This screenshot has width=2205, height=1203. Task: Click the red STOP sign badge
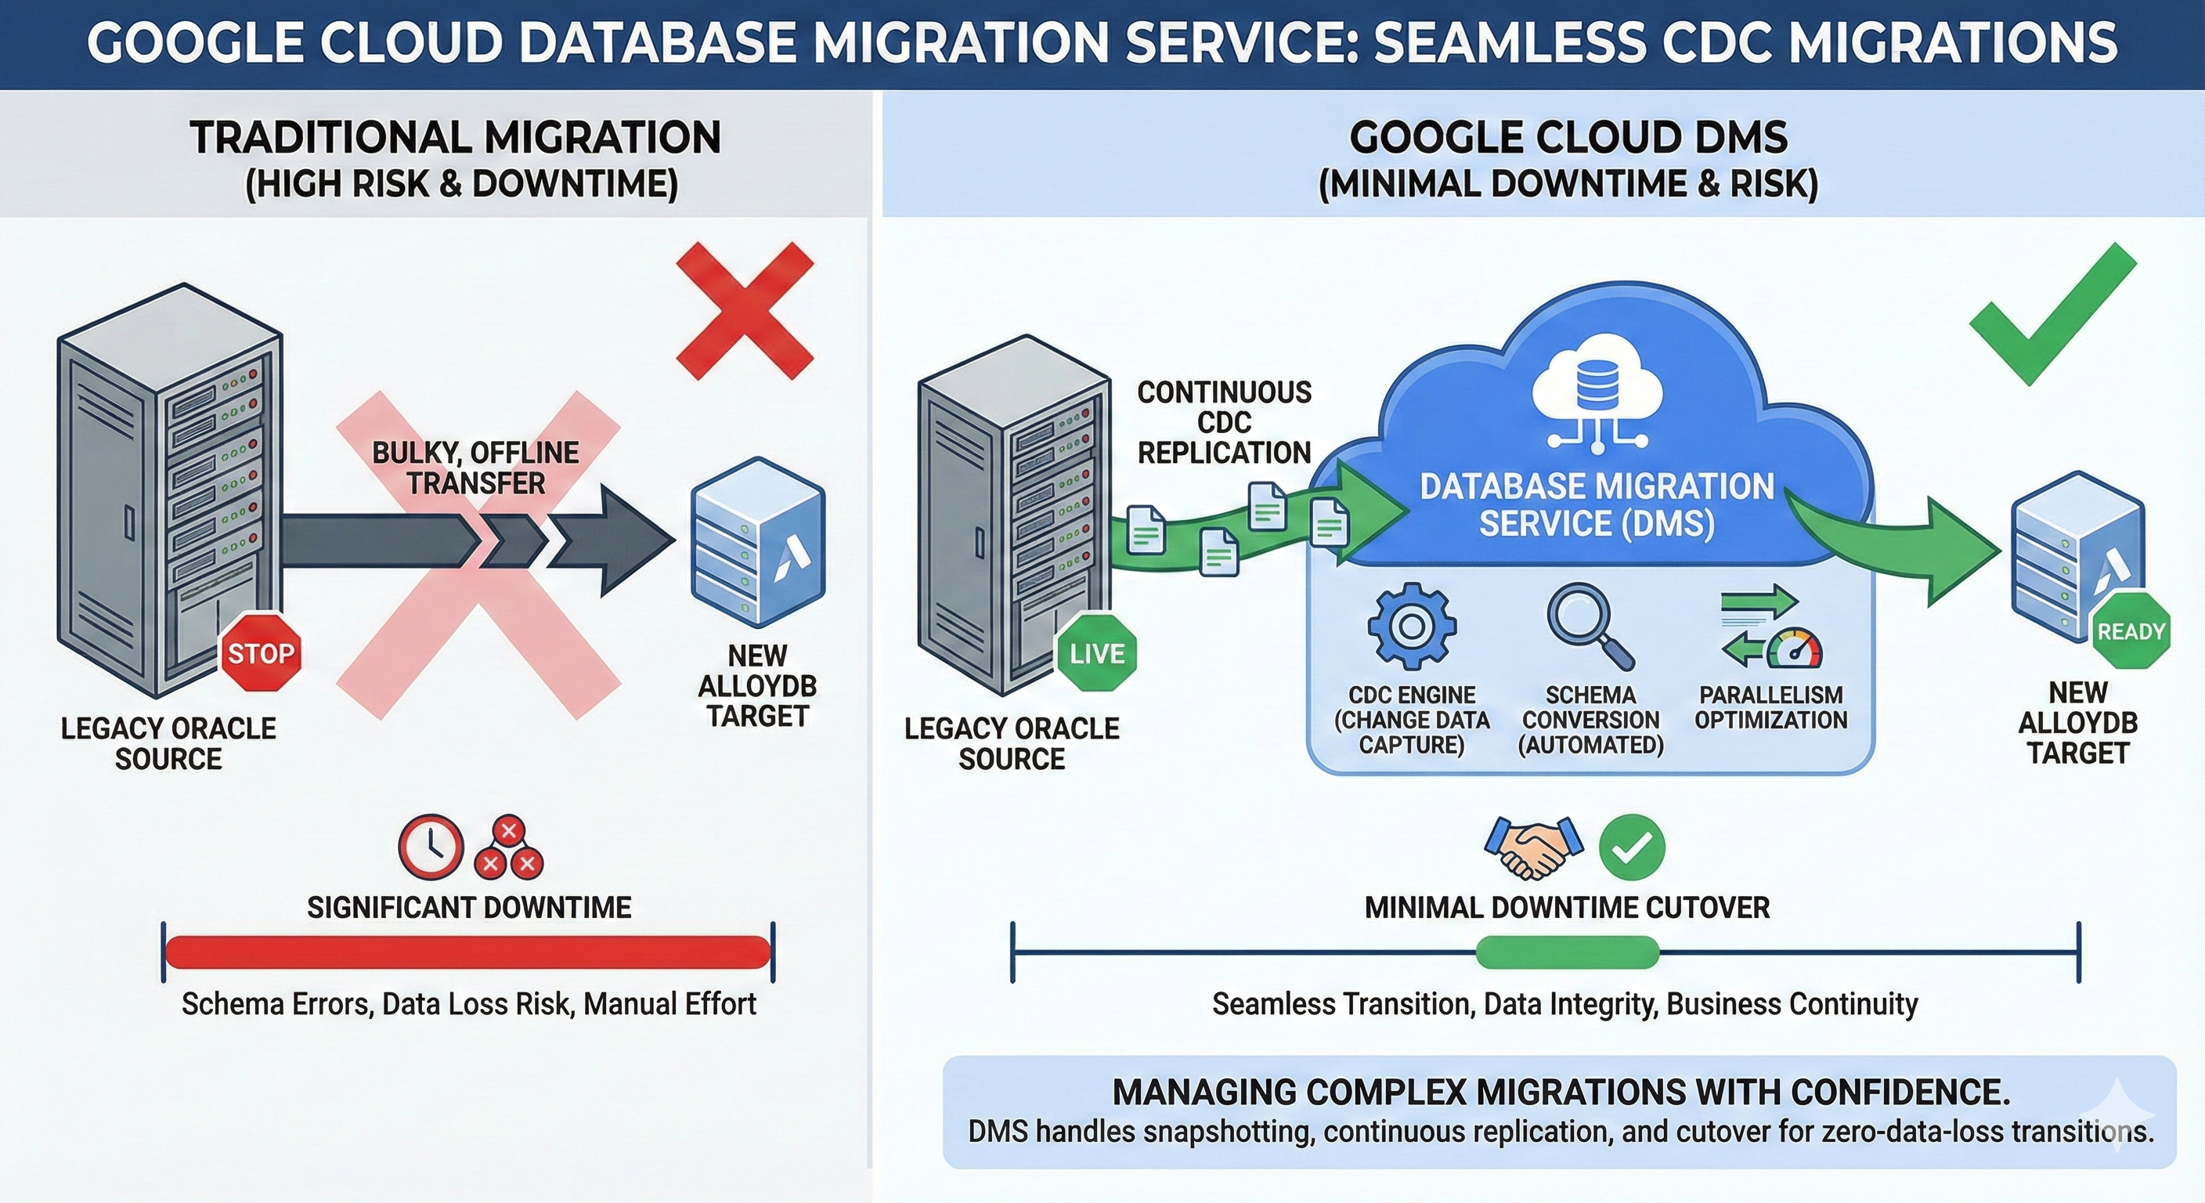[x=261, y=652]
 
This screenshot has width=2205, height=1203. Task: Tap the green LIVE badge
[x=1096, y=653]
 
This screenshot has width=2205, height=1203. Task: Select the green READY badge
[x=2131, y=631]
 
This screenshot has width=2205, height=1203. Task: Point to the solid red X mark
[x=744, y=310]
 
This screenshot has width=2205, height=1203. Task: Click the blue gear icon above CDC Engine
[x=1412, y=626]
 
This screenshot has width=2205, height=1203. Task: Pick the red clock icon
[x=431, y=846]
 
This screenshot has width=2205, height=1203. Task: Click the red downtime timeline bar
[x=467, y=952]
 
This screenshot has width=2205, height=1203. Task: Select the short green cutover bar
[x=1568, y=952]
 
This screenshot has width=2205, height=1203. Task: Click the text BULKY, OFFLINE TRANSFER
[x=476, y=468]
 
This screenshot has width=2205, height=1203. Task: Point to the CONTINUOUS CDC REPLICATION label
[x=1224, y=422]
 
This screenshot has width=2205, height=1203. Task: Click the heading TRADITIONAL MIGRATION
[x=456, y=138]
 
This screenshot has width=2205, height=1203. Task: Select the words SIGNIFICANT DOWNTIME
[x=469, y=907]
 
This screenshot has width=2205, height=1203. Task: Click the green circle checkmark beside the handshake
[x=1632, y=847]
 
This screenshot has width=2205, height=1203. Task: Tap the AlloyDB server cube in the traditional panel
[x=757, y=543]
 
